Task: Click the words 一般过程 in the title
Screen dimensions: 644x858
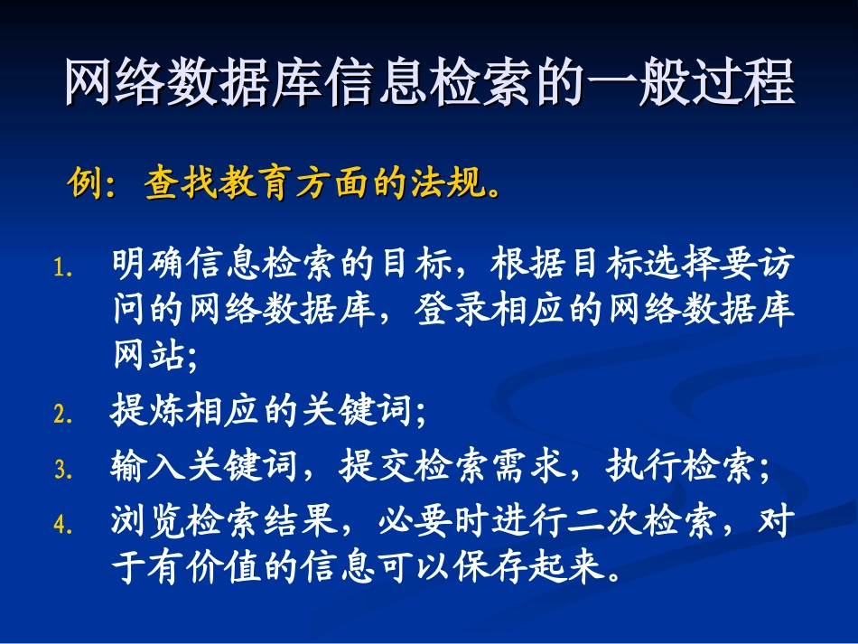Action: (691, 84)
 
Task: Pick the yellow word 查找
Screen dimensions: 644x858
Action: (182, 186)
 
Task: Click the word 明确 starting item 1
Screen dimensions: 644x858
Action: (150, 266)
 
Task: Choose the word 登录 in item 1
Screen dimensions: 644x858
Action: (453, 310)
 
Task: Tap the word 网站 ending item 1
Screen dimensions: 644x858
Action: (150, 353)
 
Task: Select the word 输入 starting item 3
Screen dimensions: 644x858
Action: (150, 467)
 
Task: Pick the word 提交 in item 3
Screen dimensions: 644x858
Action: (378, 467)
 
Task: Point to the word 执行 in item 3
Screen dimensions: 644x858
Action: (643, 467)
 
